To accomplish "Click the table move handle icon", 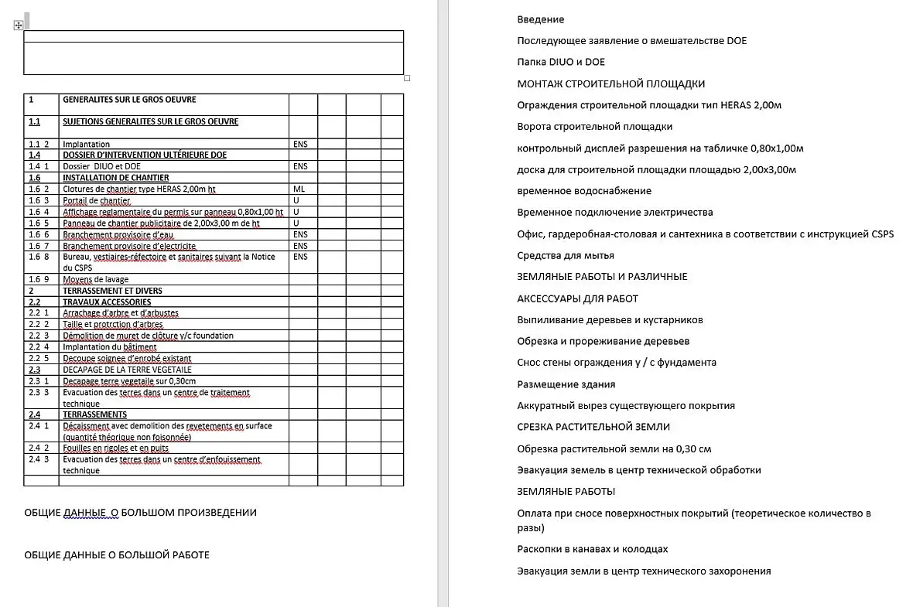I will [18, 26].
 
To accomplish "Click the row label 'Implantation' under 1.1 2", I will [86, 144].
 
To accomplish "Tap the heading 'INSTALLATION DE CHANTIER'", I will [115, 178].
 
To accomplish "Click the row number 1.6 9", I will [39, 279].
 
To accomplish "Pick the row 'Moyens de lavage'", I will [95, 279].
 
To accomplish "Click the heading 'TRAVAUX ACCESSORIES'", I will [107, 302].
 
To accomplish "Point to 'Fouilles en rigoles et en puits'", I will [115, 448].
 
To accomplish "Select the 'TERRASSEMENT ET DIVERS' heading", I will [112, 291].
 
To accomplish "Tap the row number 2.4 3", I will [39, 459].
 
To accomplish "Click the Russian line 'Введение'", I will [540, 19].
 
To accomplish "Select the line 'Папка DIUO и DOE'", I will [561, 62].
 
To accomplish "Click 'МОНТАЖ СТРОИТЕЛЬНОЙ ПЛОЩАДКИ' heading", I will [610, 84].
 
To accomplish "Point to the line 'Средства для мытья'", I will [566, 255].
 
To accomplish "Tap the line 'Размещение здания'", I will [566, 384].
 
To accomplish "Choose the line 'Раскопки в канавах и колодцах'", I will [592, 549].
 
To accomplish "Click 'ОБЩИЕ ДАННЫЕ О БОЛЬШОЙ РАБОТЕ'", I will [117, 554].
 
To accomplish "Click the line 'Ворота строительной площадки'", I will [594, 126].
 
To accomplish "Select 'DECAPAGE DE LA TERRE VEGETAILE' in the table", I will [127, 370].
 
